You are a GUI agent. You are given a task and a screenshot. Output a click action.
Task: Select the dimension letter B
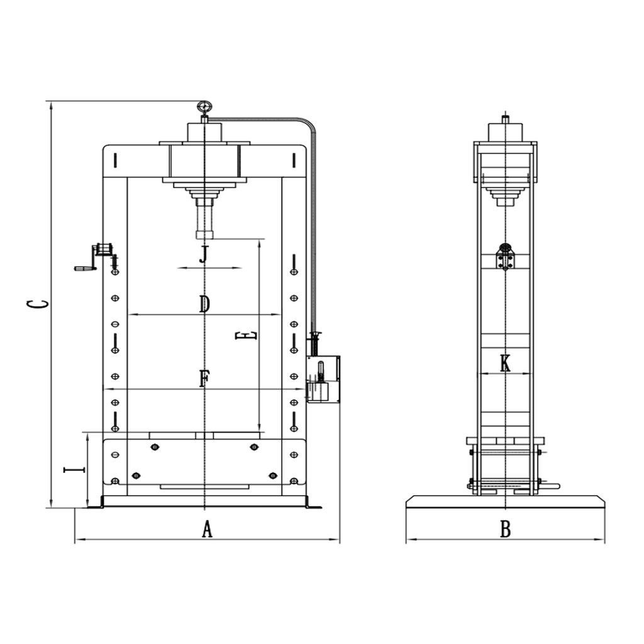(505, 529)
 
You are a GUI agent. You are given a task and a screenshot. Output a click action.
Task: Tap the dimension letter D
(204, 304)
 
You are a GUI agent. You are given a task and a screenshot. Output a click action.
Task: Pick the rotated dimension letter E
(246, 336)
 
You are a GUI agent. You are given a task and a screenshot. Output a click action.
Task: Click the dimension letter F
(204, 378)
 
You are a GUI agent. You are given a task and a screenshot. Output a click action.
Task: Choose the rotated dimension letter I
(74, 469)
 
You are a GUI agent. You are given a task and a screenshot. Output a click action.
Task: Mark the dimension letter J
(204, 255)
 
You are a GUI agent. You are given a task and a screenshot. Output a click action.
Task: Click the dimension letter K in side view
(505, 364)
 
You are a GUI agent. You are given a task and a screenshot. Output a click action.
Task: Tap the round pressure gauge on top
(204, 107)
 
